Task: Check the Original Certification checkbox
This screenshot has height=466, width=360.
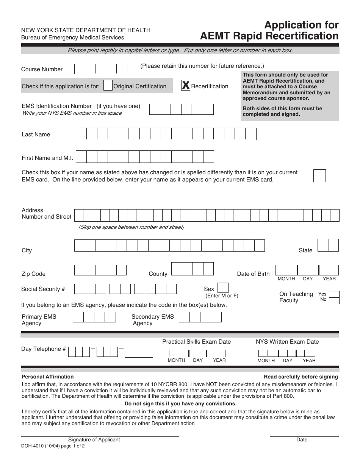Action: point(108,86)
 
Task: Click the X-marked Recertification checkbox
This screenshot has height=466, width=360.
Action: point(186,86)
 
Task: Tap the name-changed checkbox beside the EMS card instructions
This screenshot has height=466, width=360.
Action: point(319,176)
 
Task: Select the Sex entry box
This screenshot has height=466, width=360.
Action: point(223,288)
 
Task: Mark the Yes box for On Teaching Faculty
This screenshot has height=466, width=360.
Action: point(334,294)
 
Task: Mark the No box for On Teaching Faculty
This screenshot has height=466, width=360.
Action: point(334,301)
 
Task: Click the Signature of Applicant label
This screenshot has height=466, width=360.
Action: point(94,440)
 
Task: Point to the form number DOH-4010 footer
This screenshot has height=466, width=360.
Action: point(53,446)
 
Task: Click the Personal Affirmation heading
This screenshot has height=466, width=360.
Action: point(48,377)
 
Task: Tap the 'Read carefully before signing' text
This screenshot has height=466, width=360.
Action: point(301,377)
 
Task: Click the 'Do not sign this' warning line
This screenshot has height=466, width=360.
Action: point(180,403)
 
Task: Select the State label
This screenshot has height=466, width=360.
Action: point(305,250)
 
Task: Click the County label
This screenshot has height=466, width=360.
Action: point(158,274)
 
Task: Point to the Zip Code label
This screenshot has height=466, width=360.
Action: point(33,274)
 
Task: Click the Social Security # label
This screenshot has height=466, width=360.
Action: point(43,289)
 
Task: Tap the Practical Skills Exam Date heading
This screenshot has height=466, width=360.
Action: point(196,342)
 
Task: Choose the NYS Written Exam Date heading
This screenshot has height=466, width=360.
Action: point(287,342)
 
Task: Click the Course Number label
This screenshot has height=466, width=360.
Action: point(42,69)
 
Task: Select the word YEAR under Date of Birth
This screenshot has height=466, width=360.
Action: point(329,279)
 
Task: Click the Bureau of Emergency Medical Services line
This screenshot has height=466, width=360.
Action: point(72,38)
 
